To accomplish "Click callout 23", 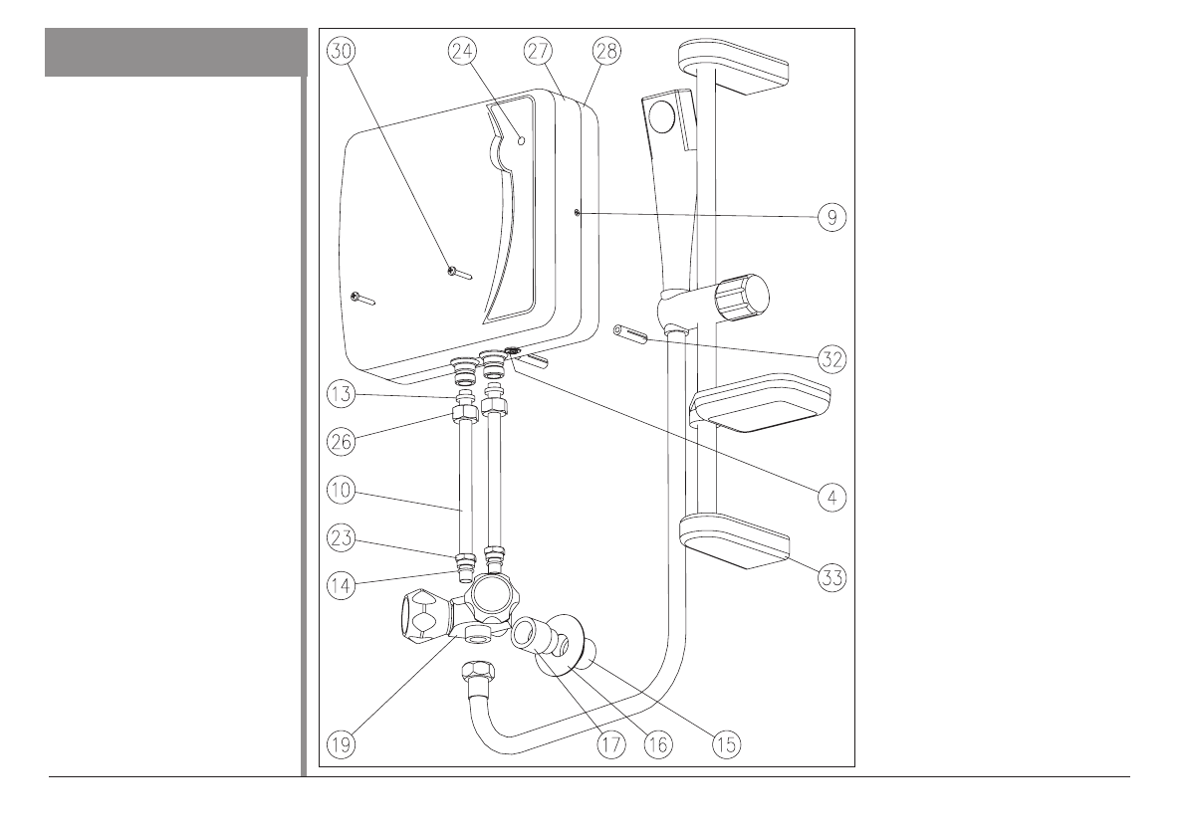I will coord(342,542).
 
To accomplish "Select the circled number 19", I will coord(342,742).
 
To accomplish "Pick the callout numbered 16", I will coord(656,742).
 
